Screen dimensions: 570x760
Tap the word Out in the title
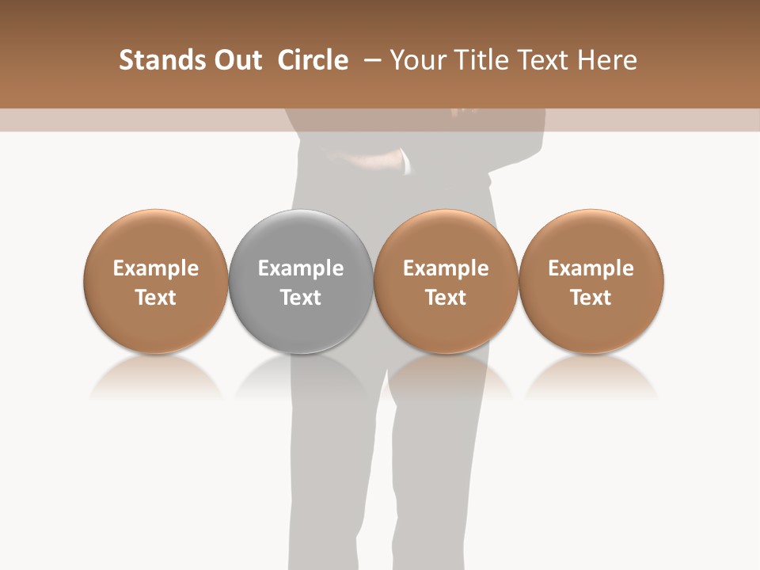(235, 60)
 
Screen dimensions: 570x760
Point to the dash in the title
(371, 60)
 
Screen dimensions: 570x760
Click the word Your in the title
(416, 60)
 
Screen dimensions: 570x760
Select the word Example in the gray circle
(301, 268)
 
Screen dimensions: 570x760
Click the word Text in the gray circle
(301, 298)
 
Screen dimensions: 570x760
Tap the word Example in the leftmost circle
(156, 268)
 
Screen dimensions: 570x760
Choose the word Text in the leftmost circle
(156, 298)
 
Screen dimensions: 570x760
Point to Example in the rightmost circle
(591, 268)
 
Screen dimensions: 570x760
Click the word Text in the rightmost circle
(591, 298)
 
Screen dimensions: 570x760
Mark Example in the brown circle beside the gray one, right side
(446, 268)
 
